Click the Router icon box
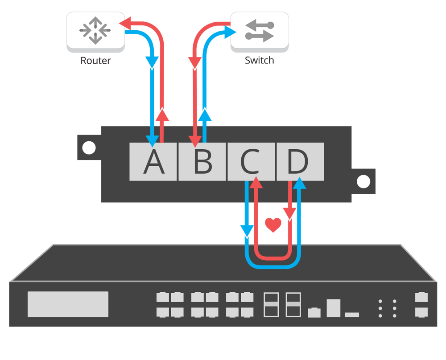click(95, 30)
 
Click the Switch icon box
click(259, 30)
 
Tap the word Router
click(95, 60)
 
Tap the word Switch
click(259, 60)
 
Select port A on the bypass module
click(153, 162)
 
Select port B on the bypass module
click(202, 162)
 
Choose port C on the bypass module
click(251, 162)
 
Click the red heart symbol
click(273, 225)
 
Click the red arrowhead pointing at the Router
click(124, 21)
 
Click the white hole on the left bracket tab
click(89, 147)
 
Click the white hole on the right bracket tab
click(363, 182)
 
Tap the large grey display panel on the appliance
click(68, 304)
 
